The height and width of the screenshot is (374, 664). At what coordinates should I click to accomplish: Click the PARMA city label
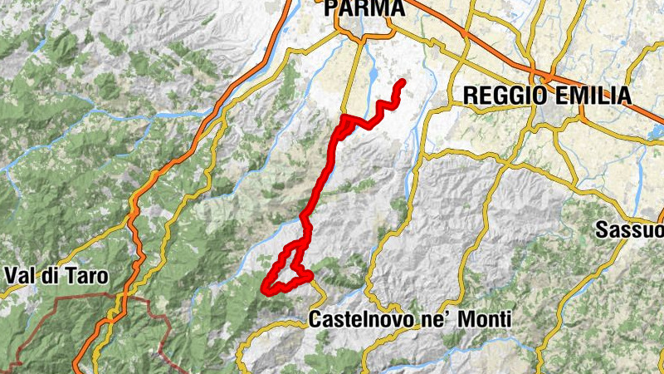coord(366,8)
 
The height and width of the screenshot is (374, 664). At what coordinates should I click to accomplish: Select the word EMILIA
coord(590,95)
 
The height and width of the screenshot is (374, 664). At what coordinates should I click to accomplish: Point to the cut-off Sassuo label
coord(630,230)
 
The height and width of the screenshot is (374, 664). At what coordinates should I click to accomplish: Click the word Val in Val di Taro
coord(20,274)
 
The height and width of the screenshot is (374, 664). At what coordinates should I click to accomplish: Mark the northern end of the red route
coord(403,81)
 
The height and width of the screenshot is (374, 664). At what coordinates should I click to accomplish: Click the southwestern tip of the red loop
coord(265,290)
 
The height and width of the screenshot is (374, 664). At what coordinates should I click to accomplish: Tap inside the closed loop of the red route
coord(286,270)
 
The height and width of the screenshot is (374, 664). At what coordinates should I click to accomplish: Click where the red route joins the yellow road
coord(344,118)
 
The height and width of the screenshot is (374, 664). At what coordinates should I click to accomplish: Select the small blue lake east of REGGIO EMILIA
coord(657,131)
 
